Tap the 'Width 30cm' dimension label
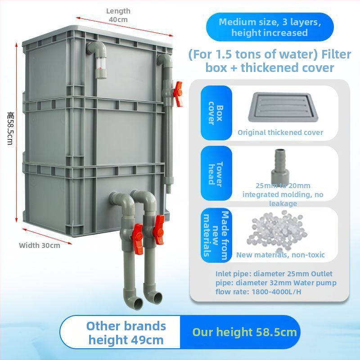coord(40,245)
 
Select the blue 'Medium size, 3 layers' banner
coord(270,27)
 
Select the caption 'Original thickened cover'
coord(280,132)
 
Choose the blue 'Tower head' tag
coord(216,173)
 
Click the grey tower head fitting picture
coord(275,165)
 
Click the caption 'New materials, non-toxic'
coord(280,255)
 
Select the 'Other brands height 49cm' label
coord(126,333)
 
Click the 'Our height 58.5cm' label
coord(245,333)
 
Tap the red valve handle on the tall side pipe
coord(178,94)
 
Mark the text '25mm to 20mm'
coord(283,185)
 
